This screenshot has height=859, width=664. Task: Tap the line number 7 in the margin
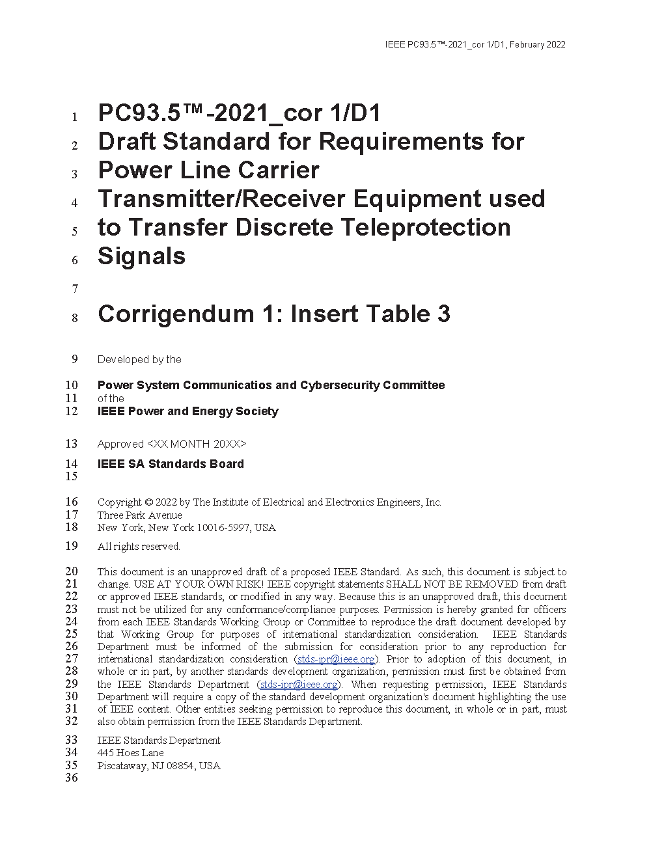coord(75,289)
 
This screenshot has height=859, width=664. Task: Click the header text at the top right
coord(475,45)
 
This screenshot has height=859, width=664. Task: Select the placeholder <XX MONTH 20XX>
coord(197,444)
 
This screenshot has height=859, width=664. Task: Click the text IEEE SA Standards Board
coord(171,464)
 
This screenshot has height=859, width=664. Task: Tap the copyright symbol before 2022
coord(148,502)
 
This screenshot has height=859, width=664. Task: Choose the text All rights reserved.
coord(139,547)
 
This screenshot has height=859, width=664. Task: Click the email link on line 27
coord(336,659)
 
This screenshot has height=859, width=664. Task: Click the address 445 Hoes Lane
coord(130,753)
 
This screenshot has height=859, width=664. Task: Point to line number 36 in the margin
coord(72,778)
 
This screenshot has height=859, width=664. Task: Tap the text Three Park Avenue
coord(139,515)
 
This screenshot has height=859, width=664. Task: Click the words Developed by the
coord(139,360)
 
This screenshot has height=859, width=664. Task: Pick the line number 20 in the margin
coord(72,571)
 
